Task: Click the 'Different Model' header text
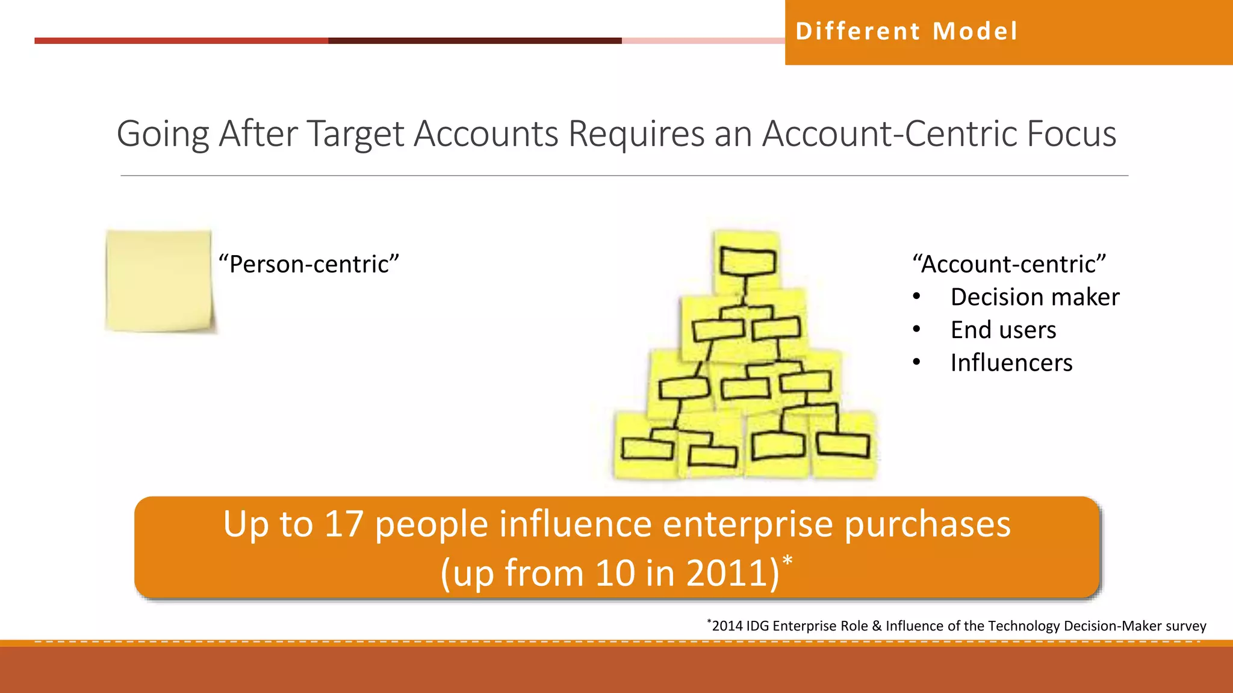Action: tap(907, 31)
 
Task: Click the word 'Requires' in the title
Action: tap(636, 134)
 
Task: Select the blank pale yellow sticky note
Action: tap(159, 280)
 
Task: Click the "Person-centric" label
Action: tap(309, 264)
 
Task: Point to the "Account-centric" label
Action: tap(1009, 264)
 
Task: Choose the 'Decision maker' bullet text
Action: tap(1034, 297)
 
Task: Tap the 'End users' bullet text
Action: tap(1003, 330)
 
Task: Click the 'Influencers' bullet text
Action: tap(1011, 363)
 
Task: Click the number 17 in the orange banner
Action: tap(344, 524)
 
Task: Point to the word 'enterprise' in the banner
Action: tap(748, 524)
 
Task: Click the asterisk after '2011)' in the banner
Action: tap(787, 562)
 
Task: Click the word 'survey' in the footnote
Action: tap(1185, 626)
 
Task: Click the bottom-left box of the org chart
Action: tap(647, 449)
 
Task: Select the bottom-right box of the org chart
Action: tap(843, 445)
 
